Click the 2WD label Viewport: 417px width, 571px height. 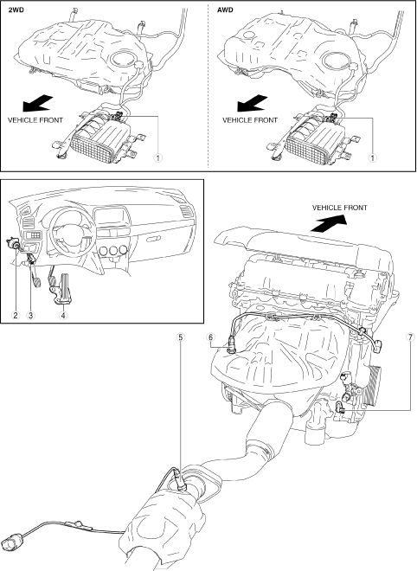point(16,10)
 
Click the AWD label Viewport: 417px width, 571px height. point(225,10)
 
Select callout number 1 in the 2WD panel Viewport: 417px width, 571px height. point(157,158)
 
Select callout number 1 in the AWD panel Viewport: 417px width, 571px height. point(372,158)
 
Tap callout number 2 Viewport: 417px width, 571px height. point(15,316)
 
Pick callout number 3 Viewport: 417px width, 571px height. point(30,316)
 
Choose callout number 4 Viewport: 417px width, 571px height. point(63,316)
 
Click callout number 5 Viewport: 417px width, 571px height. point(181,337)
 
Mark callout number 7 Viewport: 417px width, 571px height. point(410,337)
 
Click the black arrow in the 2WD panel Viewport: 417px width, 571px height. point(38,103)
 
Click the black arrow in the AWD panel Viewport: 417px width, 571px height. point(253,103)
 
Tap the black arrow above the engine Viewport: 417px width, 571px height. point(328,223)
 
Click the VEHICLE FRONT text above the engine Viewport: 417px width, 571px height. point(340,208)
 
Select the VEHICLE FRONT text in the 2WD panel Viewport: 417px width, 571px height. point(35,119)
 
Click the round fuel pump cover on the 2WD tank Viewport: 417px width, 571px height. point(123,59)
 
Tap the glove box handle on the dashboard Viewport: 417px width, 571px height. point(154,239)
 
